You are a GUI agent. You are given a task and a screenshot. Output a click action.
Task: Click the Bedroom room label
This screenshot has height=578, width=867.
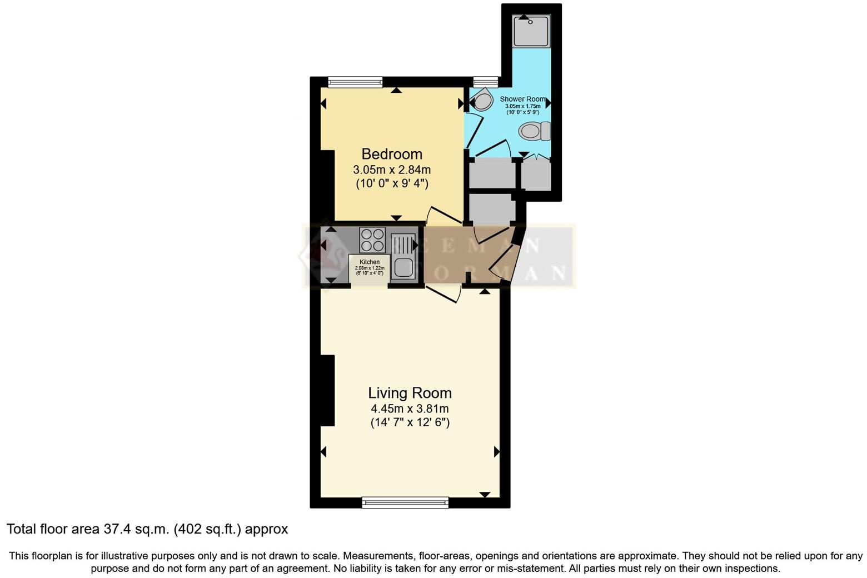[x=392, y=154]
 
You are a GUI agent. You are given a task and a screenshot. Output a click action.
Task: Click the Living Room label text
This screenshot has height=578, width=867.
[x=410, y=393]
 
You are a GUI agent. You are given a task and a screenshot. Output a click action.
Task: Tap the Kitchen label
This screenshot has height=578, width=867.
[x=370, y=262]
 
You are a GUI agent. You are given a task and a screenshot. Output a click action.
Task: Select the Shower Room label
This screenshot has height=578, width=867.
[x=522, y=99]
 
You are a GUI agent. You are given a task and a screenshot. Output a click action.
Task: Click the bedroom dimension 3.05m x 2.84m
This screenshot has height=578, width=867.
[x=392, y=170]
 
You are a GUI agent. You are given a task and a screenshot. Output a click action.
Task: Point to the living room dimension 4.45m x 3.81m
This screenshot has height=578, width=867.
[x=410, y=408]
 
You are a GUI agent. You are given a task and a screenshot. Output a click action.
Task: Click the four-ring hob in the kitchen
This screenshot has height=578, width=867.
[x=372, y=240]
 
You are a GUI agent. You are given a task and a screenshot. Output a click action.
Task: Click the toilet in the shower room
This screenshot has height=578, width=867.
[x=534, y=132]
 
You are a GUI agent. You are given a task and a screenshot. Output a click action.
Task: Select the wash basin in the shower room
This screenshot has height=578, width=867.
[x=481, y=101]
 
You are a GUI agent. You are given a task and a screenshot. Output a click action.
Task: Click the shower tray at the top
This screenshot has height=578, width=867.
[x=531, y=31]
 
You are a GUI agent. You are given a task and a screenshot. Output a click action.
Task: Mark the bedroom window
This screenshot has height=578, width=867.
[x=355, y=82]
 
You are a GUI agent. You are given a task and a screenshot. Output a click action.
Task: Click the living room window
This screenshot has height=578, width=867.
[x=405, y=502]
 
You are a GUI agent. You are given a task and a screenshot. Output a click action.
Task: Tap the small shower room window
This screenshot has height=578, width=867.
[x=485, y=82]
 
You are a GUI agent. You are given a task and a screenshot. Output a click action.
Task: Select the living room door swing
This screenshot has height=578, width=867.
[x=445, y=293]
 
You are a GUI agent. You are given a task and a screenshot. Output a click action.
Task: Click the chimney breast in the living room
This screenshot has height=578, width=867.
[x=327, y=390]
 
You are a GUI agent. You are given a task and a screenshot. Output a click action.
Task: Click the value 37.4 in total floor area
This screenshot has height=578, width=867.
[x=116, y=529]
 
